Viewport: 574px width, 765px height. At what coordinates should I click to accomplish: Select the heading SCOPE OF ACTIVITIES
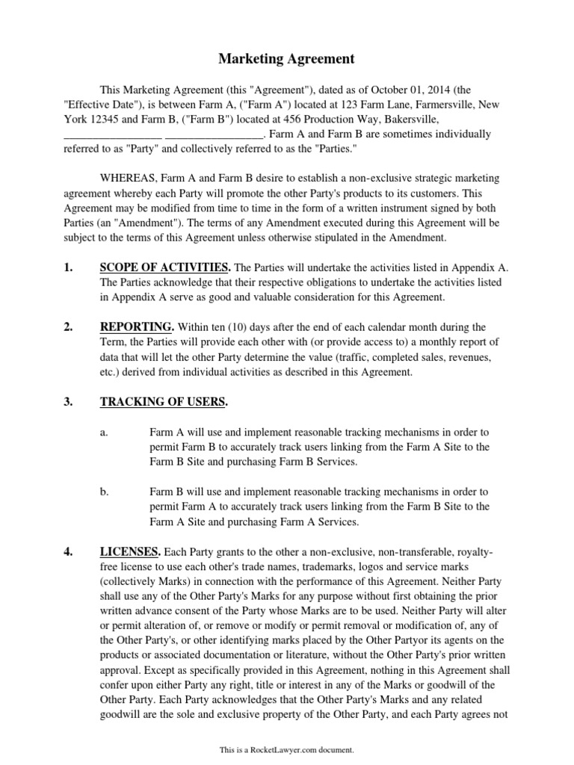pos(164,267)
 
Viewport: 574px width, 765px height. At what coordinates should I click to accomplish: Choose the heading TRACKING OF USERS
pos(163,402)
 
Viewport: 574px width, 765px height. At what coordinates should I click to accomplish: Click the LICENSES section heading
pos(129,552)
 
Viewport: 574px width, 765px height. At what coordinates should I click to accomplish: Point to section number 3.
pos(67,402)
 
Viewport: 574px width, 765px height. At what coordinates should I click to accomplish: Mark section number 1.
pos(67,267)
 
